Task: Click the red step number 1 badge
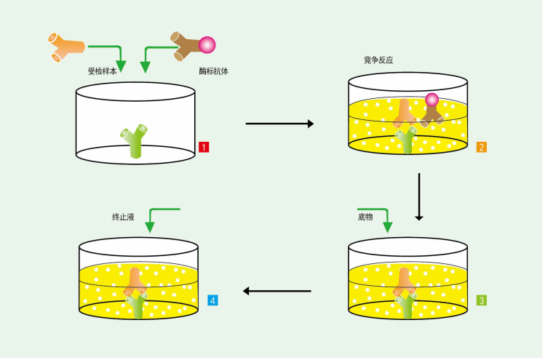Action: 204,147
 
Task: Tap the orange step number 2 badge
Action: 482,147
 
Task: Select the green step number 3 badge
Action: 482,300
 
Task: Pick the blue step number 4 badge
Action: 212,300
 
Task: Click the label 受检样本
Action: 102,71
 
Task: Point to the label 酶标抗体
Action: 213,71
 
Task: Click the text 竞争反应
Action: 378,60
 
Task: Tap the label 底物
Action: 365,217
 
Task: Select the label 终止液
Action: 123,217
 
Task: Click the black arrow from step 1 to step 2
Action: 279,124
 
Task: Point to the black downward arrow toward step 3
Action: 419,196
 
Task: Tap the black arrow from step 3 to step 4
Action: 277,291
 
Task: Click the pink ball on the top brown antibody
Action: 207,45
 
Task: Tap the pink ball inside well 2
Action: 432,100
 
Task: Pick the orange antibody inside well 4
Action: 135,281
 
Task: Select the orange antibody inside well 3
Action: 405,281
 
